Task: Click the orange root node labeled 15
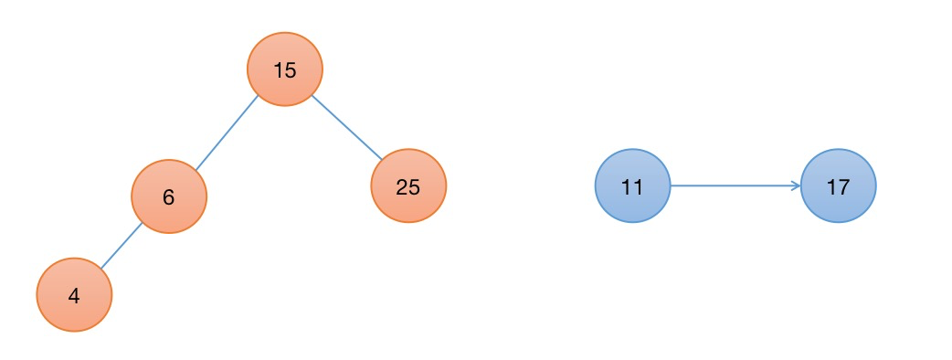[x=285, y=69]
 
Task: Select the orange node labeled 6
[x=169, y=196]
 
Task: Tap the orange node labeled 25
[x=408, y=185]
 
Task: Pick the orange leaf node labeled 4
[x=75, y=295]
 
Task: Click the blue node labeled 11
[x=632, y=185]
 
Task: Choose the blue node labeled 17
[x=839, y=185]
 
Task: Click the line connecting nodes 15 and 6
[x=227, y=132]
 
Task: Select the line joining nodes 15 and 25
[x=346, y=128]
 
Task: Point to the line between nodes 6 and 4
[x=122, y=245]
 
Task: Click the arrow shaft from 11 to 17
[x=735, y=185]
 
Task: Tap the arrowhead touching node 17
[x=797, y=185]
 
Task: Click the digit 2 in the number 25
[x=402, y=187]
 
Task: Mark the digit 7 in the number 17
[x=844, y=187]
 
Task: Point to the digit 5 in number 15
[x=291, y=71]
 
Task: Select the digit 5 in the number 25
[x=414, y=187]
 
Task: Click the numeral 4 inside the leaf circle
[x=74, y=296]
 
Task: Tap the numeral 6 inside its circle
[x=169, y=197]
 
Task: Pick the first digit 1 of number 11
[x=627, y=187]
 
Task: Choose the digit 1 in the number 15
[x=278, y=71]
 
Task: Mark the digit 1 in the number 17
[x=831, y=187]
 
